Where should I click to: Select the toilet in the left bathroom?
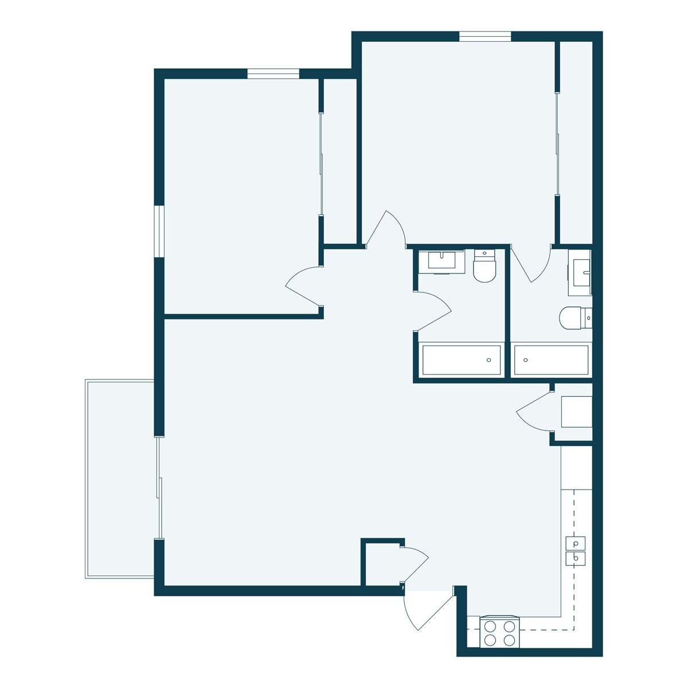(x=484, y=268)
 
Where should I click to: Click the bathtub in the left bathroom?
(x=461, y=360)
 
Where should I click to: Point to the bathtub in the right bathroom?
(x=551, y=360)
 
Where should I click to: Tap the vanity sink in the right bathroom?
(x=580, y=273)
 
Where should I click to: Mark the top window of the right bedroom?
(x=484, y=37)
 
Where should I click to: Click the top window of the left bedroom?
(x=273, y=73)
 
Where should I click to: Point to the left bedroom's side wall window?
(x=159, y=232)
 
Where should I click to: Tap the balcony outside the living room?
(x=119, y=479)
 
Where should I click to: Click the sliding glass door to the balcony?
(x=159, y=487)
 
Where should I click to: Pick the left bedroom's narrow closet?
(x=339, y=161)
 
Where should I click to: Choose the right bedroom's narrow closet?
(x=575, y=142)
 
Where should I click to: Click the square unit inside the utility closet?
(x=576, y=412)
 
